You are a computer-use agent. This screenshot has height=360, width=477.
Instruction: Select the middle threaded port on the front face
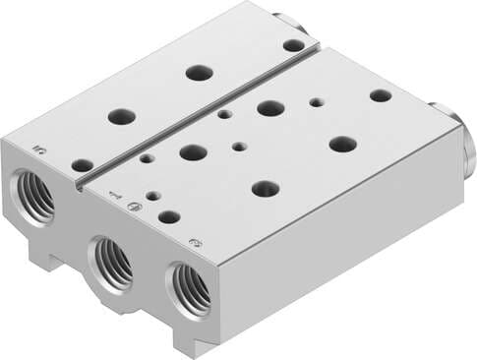pyautogui.click(x=113, y=264)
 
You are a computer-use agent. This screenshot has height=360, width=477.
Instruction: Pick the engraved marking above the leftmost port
pyautogui.click(x=40, y=150)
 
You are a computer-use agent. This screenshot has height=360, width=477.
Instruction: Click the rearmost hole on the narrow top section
pyautogui.click(x=293, y=44)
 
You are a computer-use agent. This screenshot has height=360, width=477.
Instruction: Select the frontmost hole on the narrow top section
pyautogui.click(x=83, y=165)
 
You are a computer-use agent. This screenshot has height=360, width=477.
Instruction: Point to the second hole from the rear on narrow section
pyautogui.click(x=200, y=72)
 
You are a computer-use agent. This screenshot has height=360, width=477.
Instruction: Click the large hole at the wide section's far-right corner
pyautogui.click(x=381, y=95)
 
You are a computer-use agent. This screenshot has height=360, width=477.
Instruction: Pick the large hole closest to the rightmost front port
pyautogui.click(x=266, y=188)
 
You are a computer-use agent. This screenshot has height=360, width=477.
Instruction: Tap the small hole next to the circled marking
pyautogui.click(x=153, y=195)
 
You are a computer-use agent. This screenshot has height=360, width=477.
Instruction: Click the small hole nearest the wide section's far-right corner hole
pyautogui.click(x=316, y=101)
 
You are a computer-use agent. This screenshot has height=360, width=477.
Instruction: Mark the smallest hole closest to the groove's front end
pyautogui.click(x=147, y=157)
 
